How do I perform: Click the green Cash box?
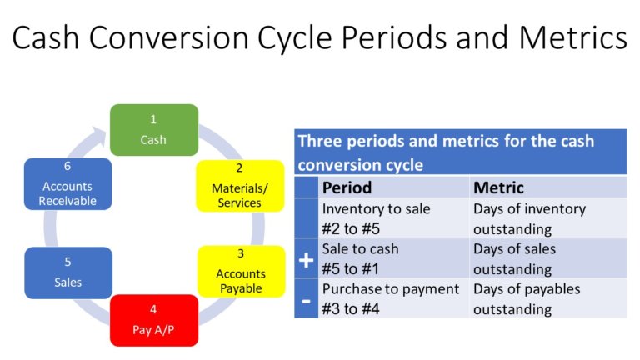153,130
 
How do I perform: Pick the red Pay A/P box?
153,320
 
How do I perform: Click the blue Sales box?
67,272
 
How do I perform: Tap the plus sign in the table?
306,260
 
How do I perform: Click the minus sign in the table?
306,299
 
